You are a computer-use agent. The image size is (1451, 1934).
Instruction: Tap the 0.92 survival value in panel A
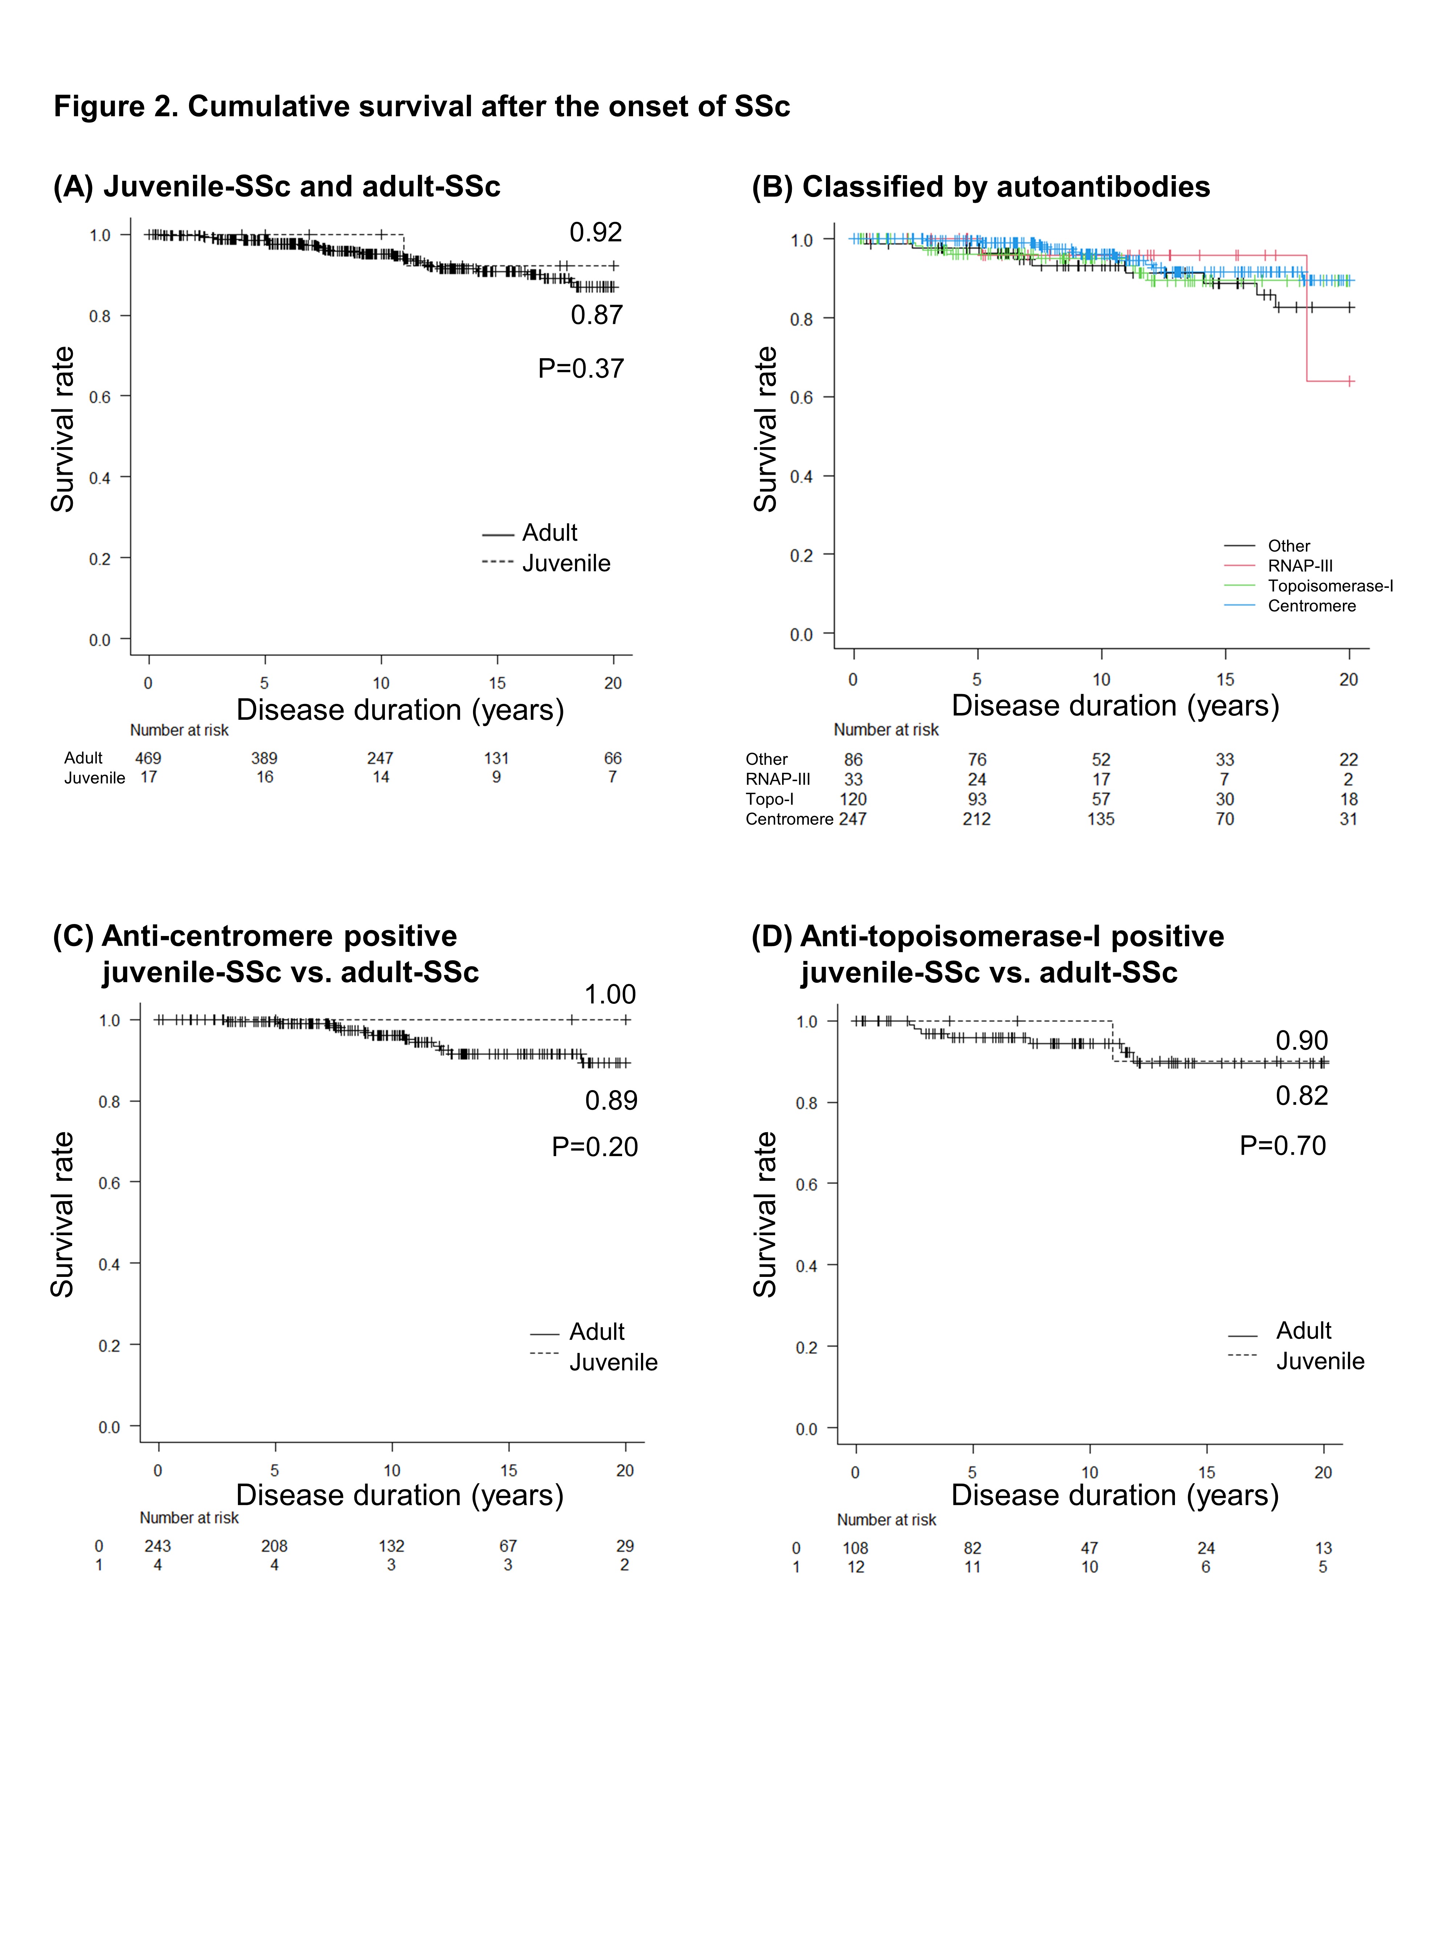click(596, 232)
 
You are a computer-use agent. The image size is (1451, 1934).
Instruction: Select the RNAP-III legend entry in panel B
click(1300, 566)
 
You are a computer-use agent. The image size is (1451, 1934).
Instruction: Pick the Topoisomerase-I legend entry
click(1329, 586)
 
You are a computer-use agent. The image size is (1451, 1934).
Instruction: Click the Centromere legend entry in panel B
click(1311, 606)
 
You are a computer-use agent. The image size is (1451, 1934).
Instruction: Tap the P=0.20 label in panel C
click(595, 1146)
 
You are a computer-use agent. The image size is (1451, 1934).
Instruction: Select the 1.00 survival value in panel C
click(610, 994)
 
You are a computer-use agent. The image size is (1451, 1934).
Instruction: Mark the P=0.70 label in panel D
click(1282, 1145)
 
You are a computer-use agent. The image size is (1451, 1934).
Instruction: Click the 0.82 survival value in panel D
click(1302, 1096)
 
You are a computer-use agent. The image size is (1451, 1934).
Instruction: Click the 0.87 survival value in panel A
click(596, 315)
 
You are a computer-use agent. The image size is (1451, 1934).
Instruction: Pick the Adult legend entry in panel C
click(596, 1332)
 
